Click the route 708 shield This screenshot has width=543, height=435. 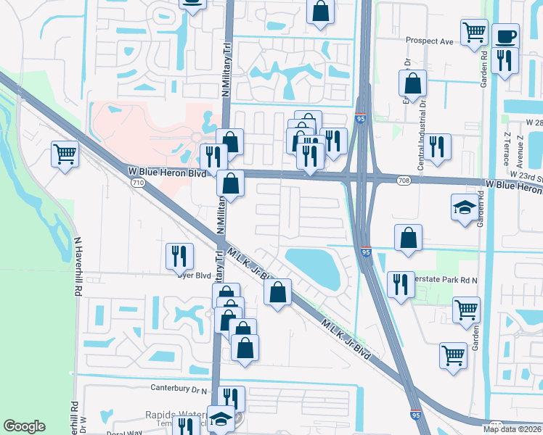[x=404, y=180]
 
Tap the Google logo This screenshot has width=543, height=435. [x=24, y=426]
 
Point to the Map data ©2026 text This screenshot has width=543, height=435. [x=512, y=429]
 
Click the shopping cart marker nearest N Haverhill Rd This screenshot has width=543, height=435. [x=65, y=154]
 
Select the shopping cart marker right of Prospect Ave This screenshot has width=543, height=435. [x=474, y=32]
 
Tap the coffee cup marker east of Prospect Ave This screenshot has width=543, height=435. [x=505, y=36]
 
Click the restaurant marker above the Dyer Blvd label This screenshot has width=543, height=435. [x=179, y=255]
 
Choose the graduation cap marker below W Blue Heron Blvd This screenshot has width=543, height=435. [x=465, y=207]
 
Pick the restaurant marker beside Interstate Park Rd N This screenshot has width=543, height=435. [x=401, y=283]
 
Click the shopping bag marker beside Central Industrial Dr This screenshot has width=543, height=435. [x=412, y=83]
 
